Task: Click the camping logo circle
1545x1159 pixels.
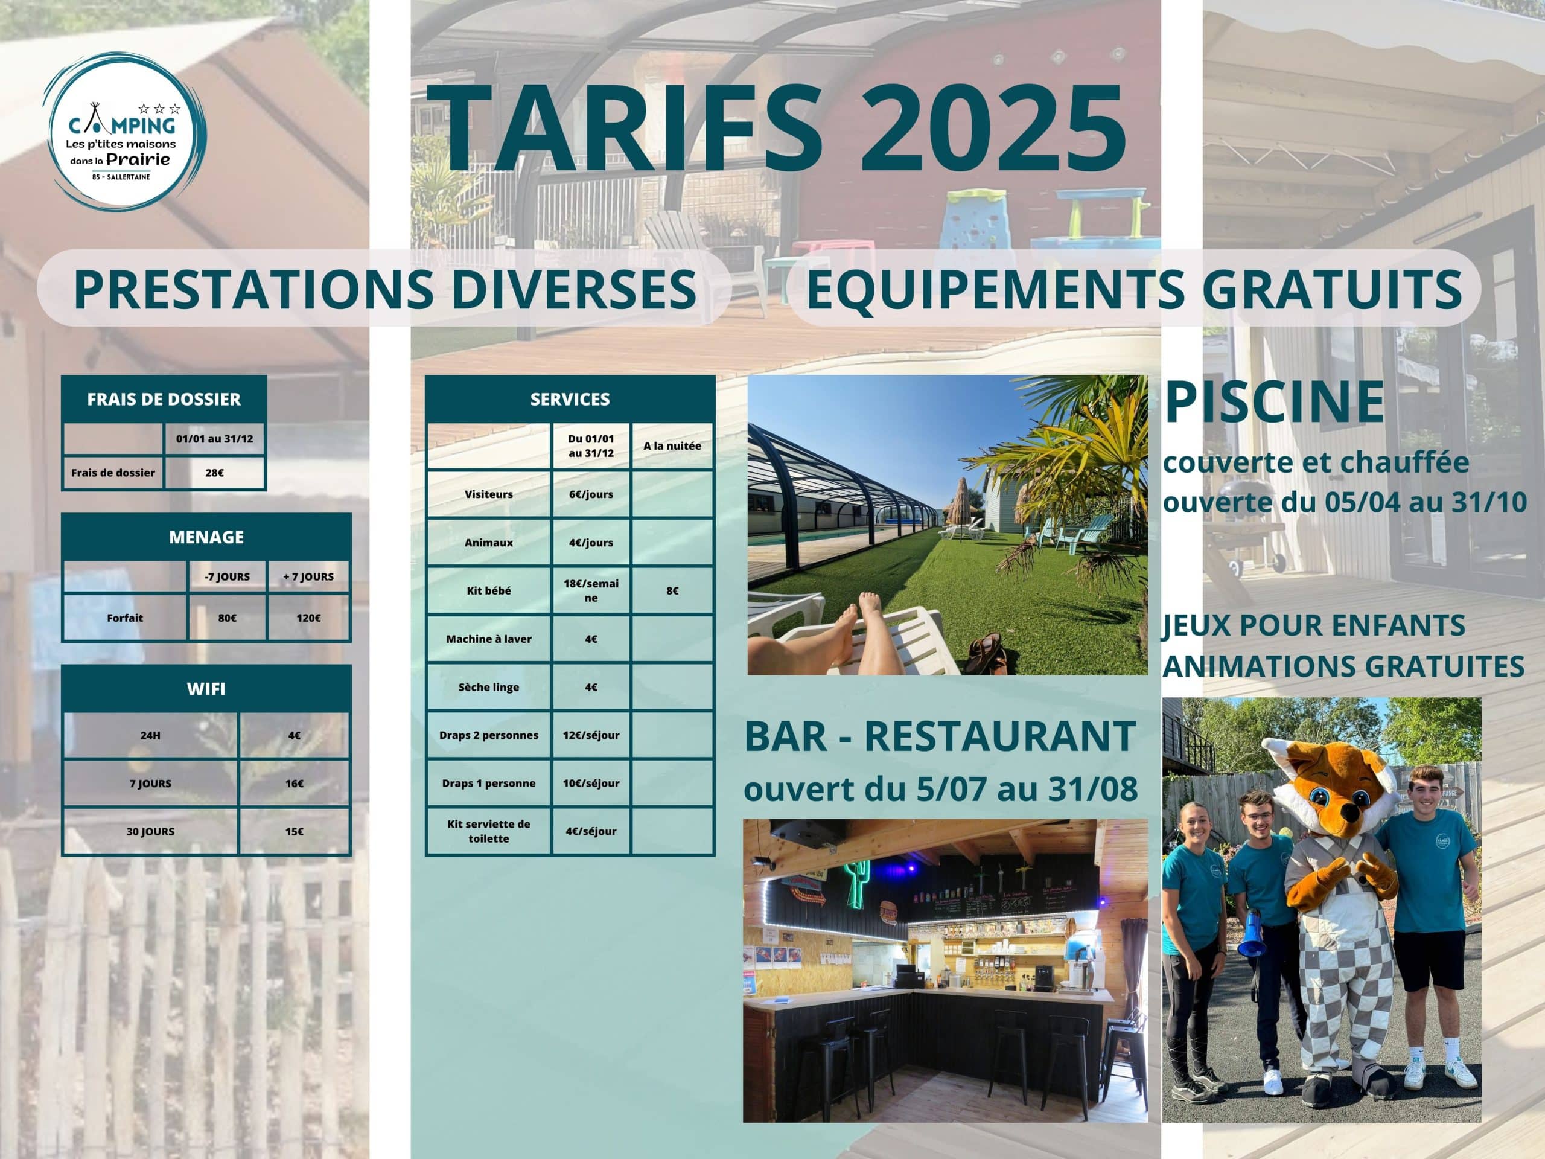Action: pos(124,130)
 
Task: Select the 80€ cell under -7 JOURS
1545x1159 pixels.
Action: pos(227,618)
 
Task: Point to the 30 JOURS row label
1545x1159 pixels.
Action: pos(150,832)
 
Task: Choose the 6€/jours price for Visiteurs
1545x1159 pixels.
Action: pos(591,494)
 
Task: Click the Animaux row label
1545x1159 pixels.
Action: pos(489,543)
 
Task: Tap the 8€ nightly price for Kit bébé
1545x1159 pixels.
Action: pos(672,591)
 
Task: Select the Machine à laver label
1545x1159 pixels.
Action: pos(489,639)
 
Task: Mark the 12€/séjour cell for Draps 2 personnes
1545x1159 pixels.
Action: pos(591,736)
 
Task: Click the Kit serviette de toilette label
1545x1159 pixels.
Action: pos(489,831)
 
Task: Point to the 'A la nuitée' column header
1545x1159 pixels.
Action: pos(672,445)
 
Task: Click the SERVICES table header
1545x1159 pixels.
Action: pos(570,400)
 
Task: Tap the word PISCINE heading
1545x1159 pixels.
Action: pos(1274,403)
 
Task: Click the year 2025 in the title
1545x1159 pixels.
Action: pos(993,129)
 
